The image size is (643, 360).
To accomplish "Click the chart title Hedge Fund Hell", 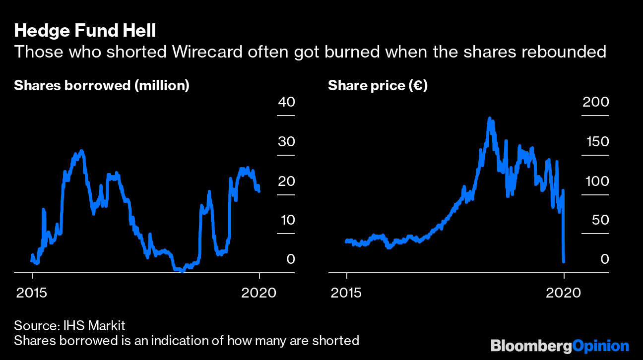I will [x=85, y=31].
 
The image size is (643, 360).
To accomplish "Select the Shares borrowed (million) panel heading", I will [x=102, y=86].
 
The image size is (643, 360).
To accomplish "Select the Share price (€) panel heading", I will [x=378, y=86].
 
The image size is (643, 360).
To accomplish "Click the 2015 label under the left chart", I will [x=32, y=293].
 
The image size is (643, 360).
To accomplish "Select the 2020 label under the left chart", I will [x=259, y=293].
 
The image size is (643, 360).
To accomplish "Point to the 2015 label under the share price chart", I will [x=347, y=293].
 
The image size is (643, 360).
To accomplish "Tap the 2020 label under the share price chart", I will [x=563, y=293].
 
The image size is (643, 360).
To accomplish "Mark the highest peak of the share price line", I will [x=490, y=119].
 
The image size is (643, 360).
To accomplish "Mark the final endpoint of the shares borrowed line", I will [x=259, y=191].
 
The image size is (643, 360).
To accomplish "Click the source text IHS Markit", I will [x=94, y=326].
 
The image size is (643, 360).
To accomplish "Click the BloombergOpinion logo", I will [x=560, y=345].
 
